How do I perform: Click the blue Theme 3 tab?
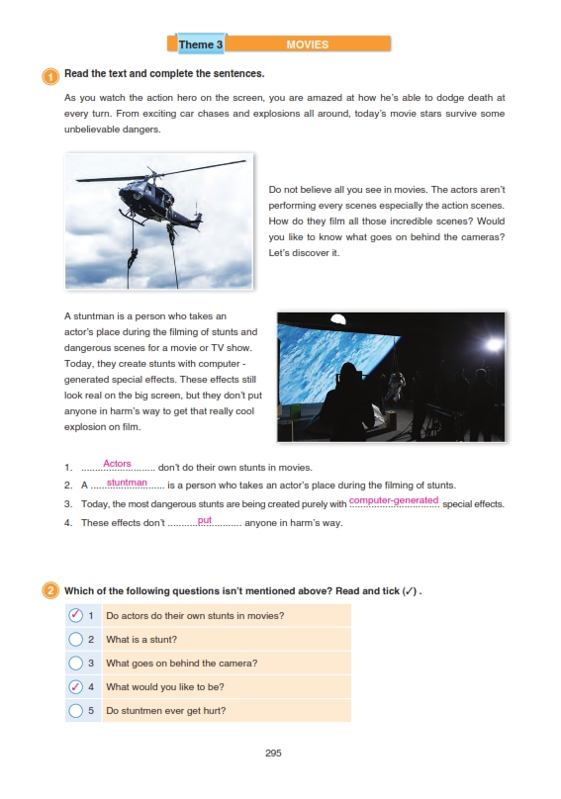(201, 44)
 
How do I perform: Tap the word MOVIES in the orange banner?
(307, 44)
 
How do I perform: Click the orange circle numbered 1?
(50, 76)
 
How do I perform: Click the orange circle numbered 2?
(50, 591)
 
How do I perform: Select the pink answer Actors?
(117, 463)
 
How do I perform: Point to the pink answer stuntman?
(127, 482)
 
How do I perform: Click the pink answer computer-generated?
(394, 500)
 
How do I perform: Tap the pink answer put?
(205, 520)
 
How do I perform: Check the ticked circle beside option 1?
(75, 615)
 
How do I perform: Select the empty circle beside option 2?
(75, 639)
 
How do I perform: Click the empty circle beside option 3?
(75, 663)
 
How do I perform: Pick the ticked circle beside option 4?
(75, 687)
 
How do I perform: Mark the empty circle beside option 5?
(75, 710)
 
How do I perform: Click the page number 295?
(273, 753)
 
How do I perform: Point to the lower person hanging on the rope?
(133, 259)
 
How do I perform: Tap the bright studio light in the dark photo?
(493, 345)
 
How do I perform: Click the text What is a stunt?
(141, 640)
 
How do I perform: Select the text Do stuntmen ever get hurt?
(166, 711)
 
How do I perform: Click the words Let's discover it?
(304, 253)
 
